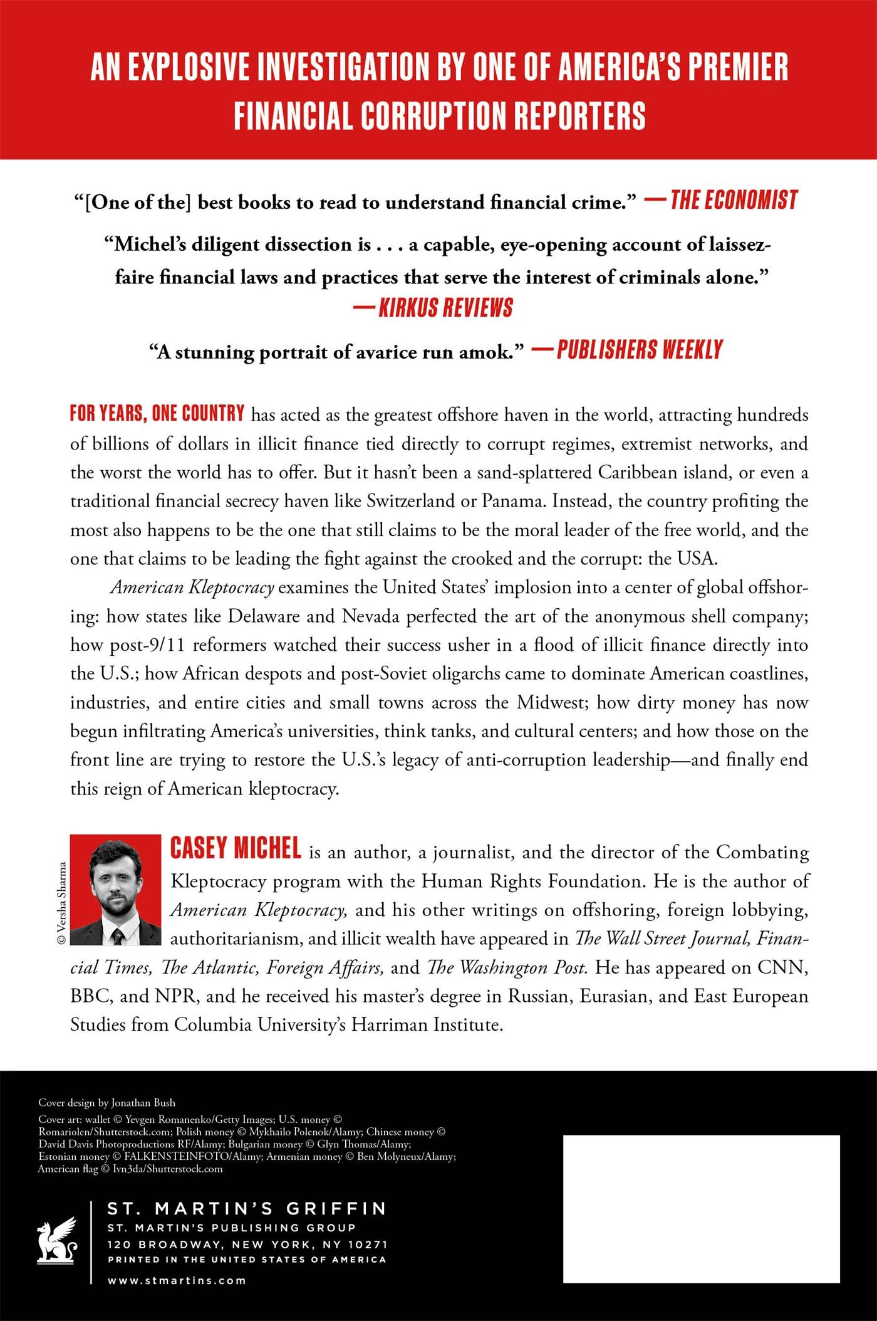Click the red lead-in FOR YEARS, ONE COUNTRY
click(157, 414)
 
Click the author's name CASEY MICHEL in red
click(236, 850)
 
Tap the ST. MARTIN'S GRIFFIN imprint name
click(247, 1209)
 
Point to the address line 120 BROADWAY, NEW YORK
click(247, 1244)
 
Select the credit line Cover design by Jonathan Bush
click(107, 1103)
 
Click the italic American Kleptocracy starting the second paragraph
click(192, 587)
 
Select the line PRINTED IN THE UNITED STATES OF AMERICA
click(247, 1260)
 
